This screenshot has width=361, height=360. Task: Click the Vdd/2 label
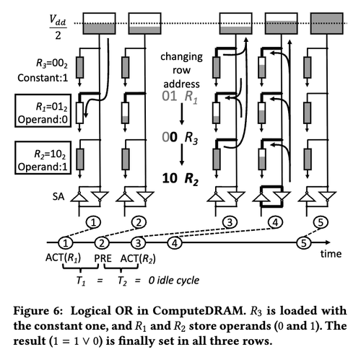[58, 27]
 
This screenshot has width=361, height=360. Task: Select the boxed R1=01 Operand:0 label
[43, 110]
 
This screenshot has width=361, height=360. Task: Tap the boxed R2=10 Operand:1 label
[43, 158]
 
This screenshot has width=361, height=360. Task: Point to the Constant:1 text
[43, 78]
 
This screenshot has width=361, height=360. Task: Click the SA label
[58, 196]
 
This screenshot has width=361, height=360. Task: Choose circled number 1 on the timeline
[66, 243]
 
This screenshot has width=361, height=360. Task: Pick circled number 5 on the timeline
[304, 243]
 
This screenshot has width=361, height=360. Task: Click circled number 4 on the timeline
[175, 243]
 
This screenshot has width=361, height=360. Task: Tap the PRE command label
[103, 258]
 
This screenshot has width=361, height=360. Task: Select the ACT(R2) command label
[138, 259]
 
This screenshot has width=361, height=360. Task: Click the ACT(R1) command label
[64, 258]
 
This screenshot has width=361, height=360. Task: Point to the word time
[331, 254]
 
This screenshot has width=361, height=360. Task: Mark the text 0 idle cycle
[174, 281]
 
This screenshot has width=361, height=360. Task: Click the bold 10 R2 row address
[180, 179]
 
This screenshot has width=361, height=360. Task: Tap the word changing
[181, 57]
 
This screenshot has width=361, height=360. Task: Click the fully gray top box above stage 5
[327, 23]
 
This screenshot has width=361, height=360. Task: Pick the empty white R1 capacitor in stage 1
[79, 113]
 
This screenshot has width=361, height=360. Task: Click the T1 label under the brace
[81, 281]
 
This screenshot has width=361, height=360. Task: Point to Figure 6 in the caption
[38, 311]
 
